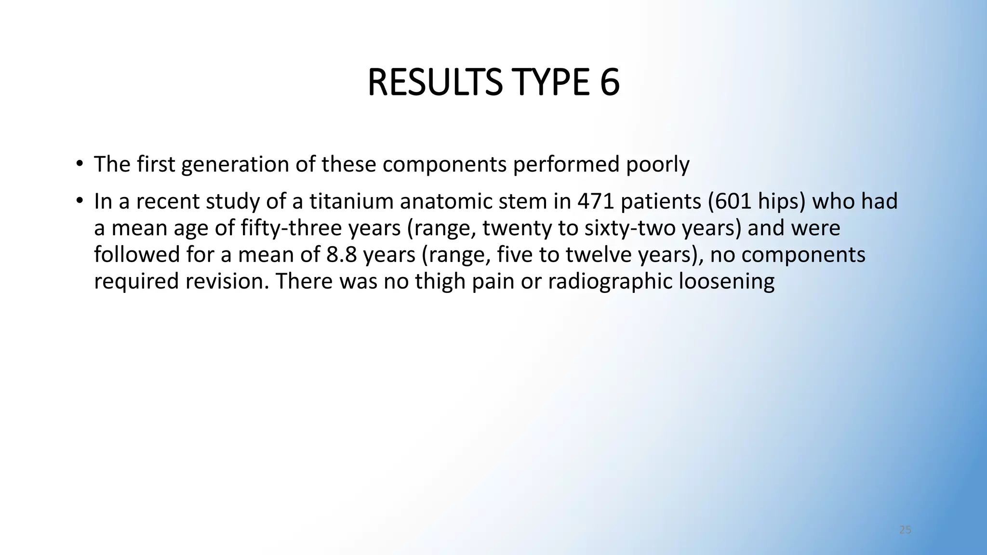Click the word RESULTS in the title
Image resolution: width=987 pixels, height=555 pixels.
tap(434, 83)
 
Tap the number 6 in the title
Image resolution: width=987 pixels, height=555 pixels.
tap(609, 83)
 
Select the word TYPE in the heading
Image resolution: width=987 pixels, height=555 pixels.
tap(551, 83)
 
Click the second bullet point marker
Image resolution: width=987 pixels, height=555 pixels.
tap(79, 200)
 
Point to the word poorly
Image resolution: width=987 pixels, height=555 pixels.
tap(657, 165)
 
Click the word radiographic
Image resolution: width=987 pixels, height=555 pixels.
tap(610, 282)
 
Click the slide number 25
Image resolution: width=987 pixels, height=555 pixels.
tap(905, 530)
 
